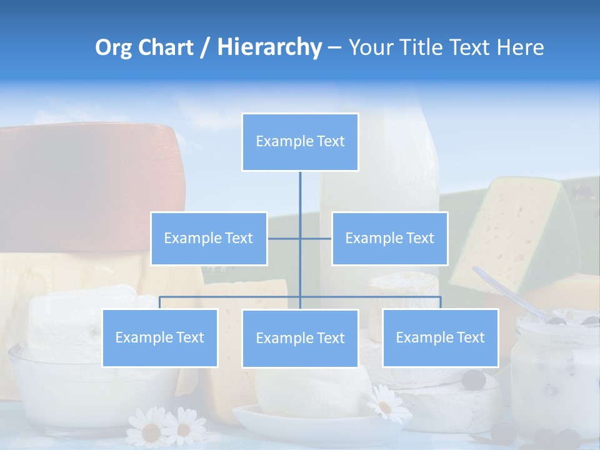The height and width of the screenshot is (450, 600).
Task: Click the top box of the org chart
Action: pos(300,142)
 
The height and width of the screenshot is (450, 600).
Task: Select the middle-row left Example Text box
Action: pos(209,238)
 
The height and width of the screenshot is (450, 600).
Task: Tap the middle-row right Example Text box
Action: pos(389,238)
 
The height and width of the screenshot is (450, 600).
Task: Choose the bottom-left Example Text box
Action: pos(160,337)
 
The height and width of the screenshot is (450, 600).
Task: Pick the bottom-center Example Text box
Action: pos(300,338)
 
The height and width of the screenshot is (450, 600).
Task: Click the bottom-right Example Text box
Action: pos(440,337)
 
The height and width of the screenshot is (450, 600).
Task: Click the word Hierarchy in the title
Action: pos(269,47)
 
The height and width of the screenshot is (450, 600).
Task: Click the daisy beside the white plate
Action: pos(384,403)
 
